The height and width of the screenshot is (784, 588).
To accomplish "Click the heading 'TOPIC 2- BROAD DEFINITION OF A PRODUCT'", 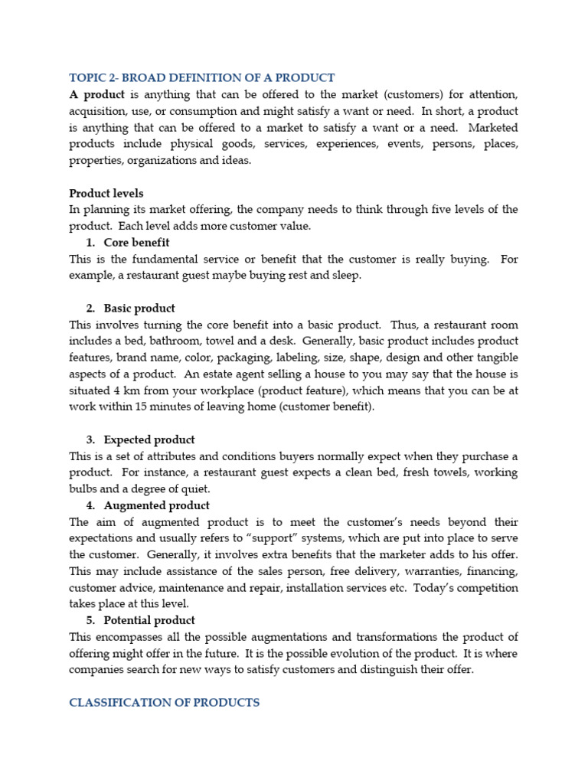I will pos(201,77).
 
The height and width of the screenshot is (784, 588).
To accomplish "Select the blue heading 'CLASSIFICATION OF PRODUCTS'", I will pos(165,702).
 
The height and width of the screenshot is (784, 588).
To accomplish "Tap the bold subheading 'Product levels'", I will pos(106,193).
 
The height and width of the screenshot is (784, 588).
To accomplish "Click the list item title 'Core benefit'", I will pos(136,243).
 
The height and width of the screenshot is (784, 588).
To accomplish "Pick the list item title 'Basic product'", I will pos(139,308).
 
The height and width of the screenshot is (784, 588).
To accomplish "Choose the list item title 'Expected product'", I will pos(149,439).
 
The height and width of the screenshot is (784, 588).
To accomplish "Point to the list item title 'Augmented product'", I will pos(156,505).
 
